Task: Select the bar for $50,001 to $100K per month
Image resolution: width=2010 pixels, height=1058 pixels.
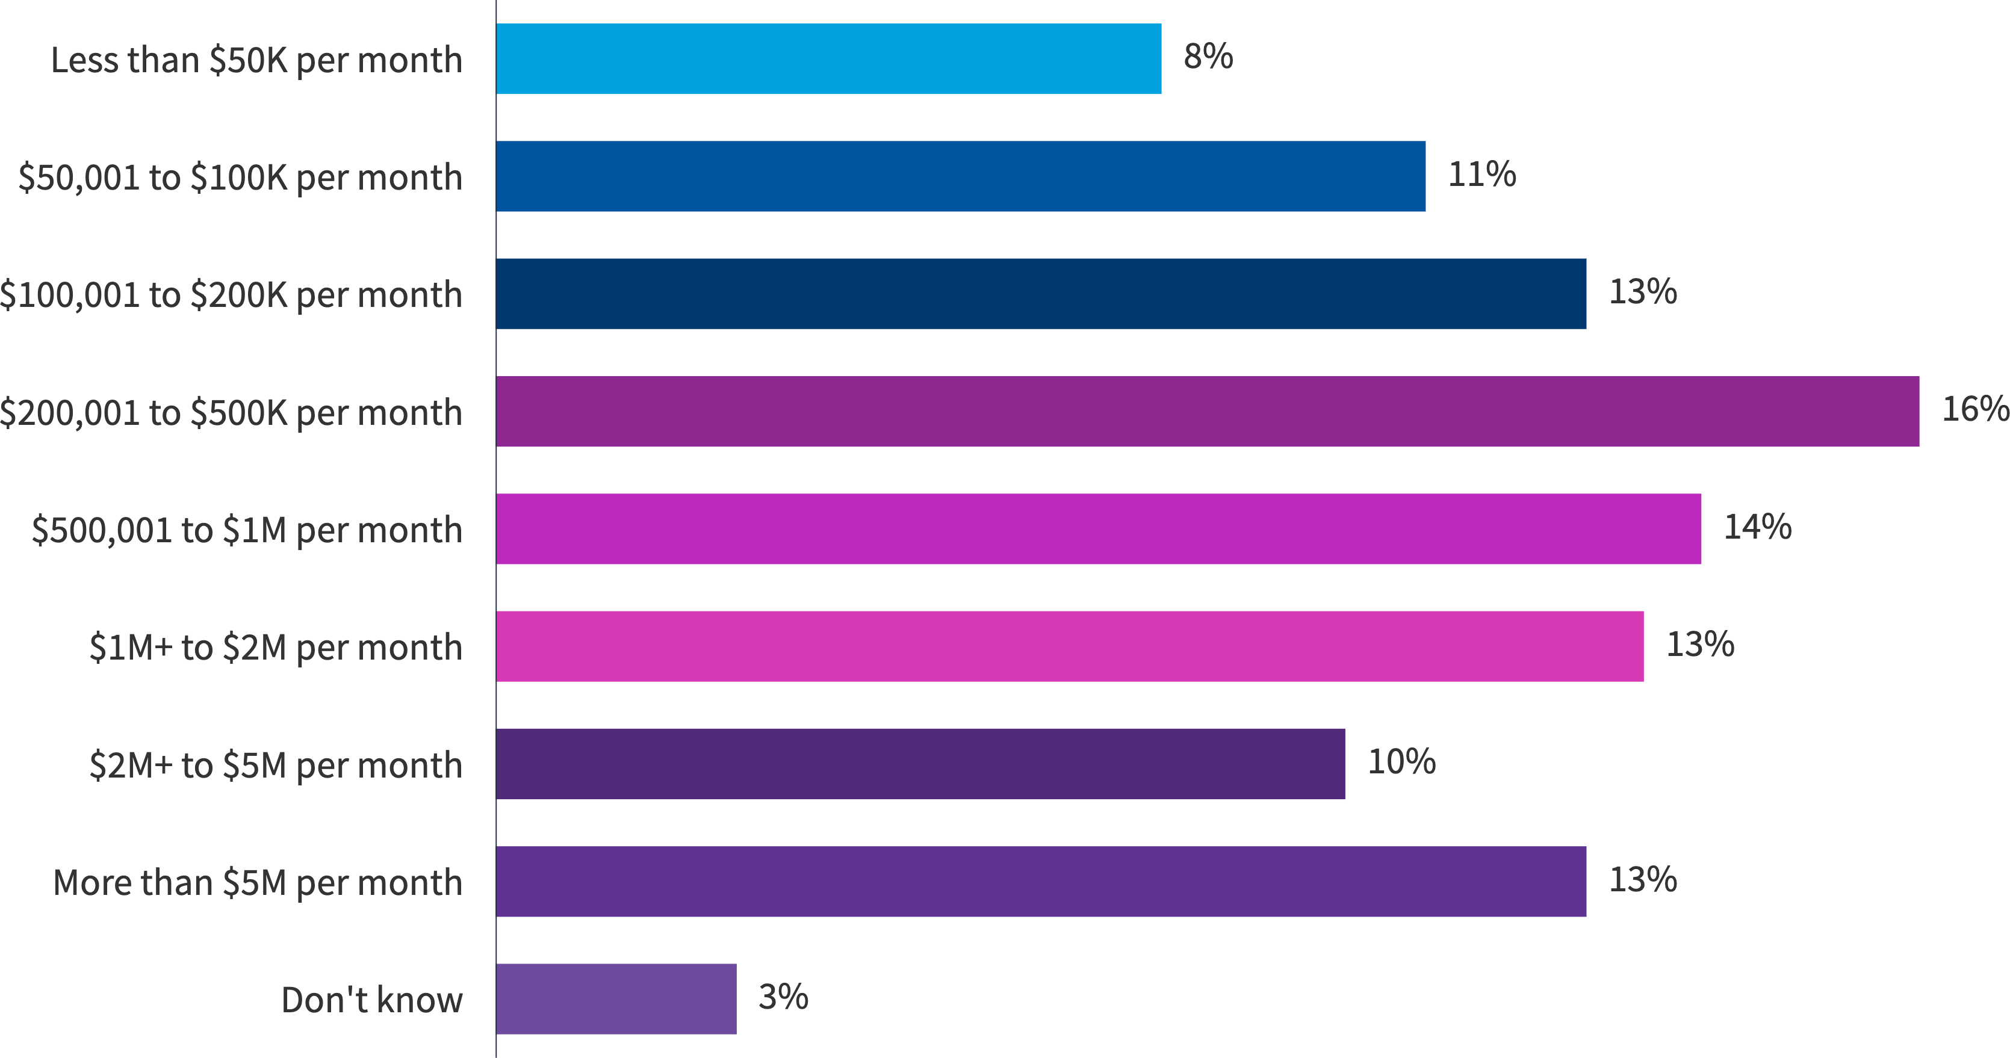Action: pos(961,176)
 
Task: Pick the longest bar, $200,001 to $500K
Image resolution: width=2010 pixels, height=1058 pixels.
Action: pos(1207,411)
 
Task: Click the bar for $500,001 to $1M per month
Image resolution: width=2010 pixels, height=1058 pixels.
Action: pos(1099,528)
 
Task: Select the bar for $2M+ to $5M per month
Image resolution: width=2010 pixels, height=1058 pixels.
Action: pos(921,764)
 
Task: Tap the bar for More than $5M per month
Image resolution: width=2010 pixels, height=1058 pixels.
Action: pos(1041,881)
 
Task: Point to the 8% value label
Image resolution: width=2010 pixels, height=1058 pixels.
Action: pos(1208,56)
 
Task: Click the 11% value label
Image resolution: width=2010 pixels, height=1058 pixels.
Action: pos(1481,174)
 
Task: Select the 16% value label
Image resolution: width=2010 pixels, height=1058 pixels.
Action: pos(1974,409)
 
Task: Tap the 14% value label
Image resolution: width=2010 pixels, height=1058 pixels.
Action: pos(1757,527)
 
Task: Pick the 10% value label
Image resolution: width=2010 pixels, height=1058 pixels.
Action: pos(1401,761)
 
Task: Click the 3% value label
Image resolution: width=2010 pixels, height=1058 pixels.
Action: pos(783,997)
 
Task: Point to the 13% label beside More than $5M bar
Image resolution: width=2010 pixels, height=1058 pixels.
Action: pos(1642,879)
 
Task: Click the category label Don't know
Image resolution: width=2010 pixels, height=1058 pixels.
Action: pos(371,1000)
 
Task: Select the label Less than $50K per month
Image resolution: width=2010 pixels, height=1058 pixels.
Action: pos(256,60)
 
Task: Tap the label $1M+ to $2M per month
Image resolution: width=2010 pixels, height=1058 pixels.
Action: pos(276,648)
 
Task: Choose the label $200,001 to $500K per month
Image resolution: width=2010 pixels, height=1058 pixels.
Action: pos(231,413)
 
